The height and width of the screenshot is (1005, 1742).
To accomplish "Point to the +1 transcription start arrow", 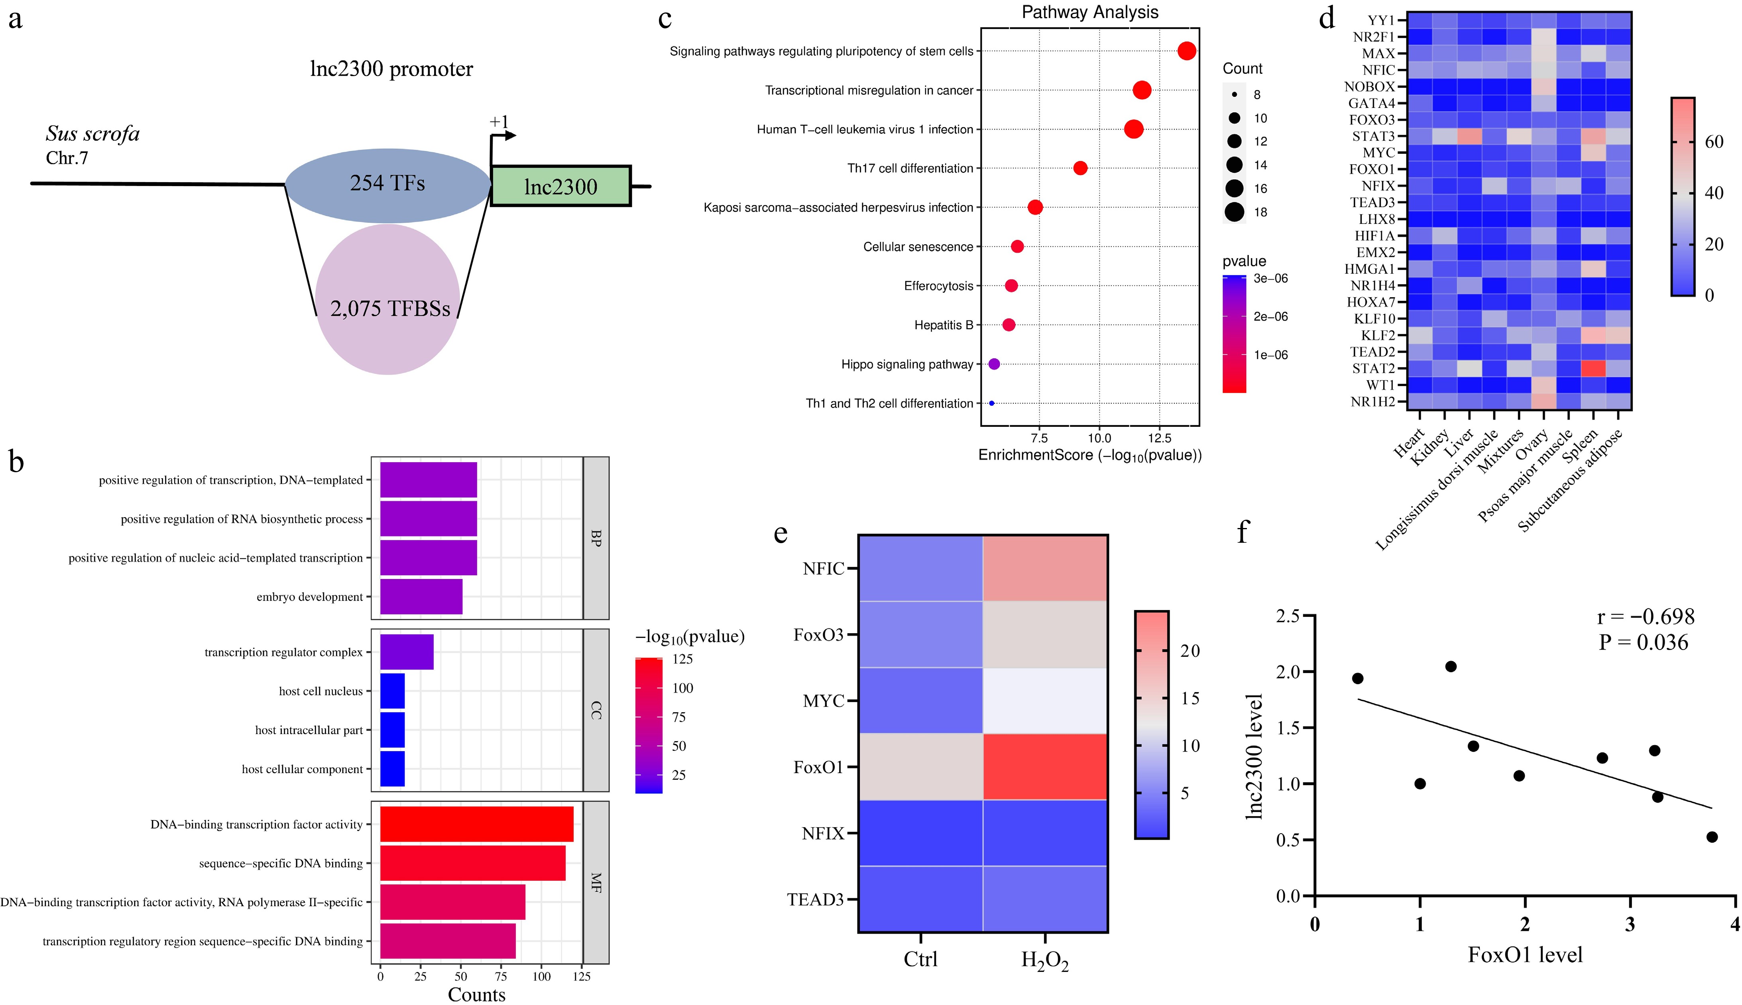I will pyautogui.click(x=503, y=135).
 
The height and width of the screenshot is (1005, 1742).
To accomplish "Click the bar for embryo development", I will pyautogui.click(x=421, y=597).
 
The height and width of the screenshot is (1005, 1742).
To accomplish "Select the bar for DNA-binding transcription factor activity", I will pyautogui.click(x=476, y=824).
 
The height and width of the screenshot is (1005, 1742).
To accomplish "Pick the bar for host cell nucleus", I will pyautogui.click(x=392, y=691).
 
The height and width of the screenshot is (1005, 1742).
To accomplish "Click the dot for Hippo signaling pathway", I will pyautogui.click(x=994, y=364).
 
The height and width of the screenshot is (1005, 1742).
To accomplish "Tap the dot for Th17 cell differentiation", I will pyautogui.click(x=1081, y=168).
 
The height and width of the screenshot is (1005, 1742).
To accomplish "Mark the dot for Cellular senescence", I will pyautogui.click(x=1017, y=246).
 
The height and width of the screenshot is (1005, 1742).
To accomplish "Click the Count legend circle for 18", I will pyautogui.click(x=1235, y=212).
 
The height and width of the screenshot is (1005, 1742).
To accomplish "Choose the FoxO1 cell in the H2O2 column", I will pyautogui.click(x=1045, y=766).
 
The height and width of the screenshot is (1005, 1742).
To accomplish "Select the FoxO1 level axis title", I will pyautogui.click(x=1524, y=955).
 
